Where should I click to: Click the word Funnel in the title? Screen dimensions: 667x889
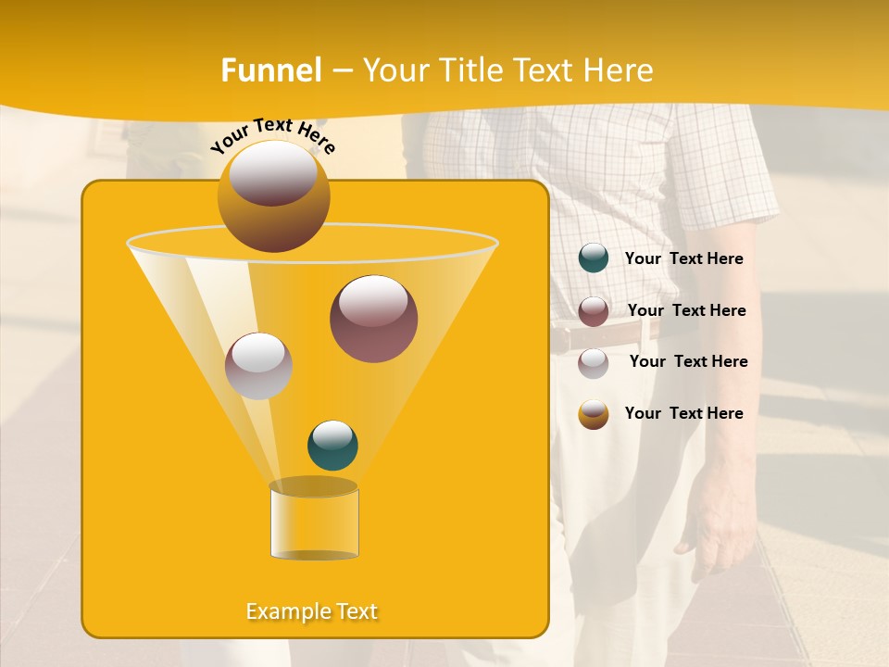click(x=270, y=70)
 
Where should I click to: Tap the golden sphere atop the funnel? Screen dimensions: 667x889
click(x=273, y=196)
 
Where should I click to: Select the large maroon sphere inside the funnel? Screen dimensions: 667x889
click(x=373, y=319)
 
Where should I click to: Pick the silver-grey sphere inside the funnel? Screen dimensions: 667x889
click(x=258, y=366)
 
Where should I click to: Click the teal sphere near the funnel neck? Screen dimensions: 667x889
click(x=332, y=446)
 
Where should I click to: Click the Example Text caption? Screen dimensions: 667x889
click(x=312, y=611)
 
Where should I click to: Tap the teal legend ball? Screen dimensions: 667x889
click(x=594, y=258)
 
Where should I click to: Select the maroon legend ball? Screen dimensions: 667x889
click(x=594, y=311)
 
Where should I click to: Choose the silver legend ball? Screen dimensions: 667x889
click(x=594, y=363)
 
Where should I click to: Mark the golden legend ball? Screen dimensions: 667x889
click(x=594, y=414)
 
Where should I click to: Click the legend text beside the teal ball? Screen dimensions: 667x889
click(x=683, y=259)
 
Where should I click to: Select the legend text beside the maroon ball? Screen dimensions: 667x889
click(x=686, y=310)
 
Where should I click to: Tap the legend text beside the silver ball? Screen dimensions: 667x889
click(x=688, y=361)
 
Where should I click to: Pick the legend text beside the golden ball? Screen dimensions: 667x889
click(x=683, y=413)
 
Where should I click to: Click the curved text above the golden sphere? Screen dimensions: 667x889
click(x=272, y=134)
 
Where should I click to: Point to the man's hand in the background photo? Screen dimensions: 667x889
click(x=719, y=519)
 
